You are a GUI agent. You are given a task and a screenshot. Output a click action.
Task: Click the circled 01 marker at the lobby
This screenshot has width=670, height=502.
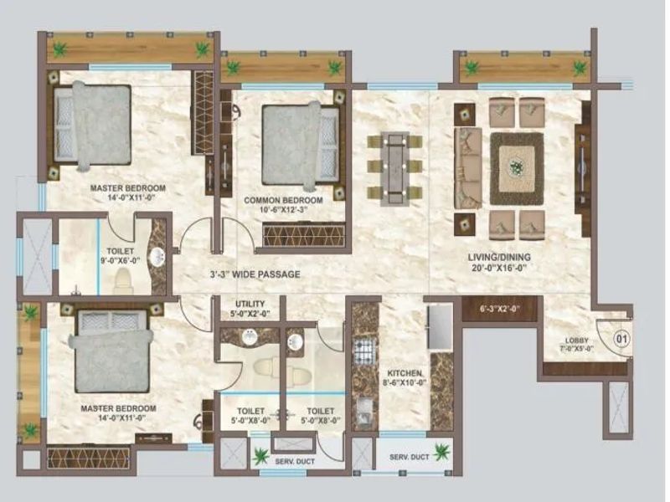(x=621, y=339)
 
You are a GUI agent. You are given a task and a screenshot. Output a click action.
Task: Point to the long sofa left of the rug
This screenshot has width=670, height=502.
(x=467, y=167)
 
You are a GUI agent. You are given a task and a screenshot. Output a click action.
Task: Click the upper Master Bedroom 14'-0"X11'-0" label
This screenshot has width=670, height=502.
(x=127, y=192)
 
